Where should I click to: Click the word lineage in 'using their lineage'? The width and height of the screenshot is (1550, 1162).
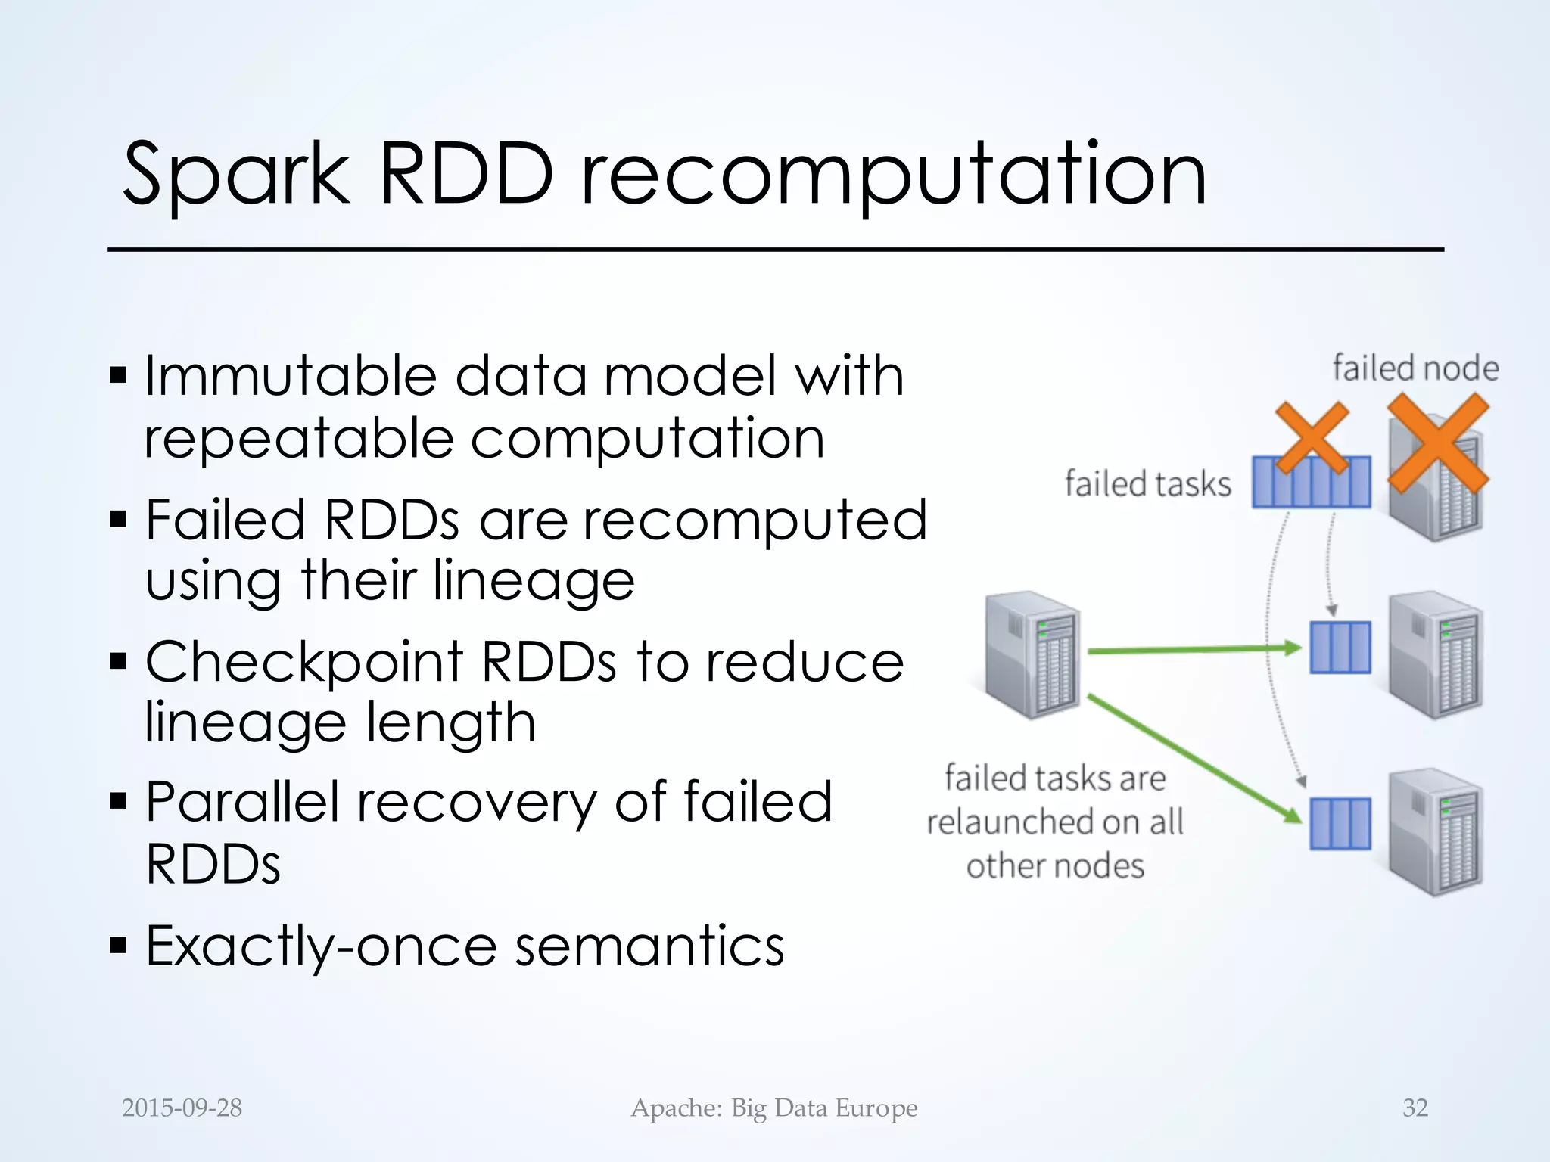534,581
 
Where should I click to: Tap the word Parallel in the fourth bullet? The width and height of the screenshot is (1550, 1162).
242,802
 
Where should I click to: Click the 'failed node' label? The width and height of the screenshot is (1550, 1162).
1415,368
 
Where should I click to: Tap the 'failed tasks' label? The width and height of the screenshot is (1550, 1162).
1148,484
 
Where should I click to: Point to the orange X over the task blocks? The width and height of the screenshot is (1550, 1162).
1312,439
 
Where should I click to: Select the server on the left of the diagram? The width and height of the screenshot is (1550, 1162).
1032,654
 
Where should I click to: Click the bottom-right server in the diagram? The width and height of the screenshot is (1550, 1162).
1435,832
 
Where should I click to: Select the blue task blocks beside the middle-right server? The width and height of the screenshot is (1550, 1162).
1340,648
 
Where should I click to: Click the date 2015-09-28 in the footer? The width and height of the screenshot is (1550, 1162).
182,1108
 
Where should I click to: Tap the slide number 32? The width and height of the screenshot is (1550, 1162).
1415,1108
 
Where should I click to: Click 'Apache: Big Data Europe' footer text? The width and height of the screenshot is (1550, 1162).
774,1108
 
